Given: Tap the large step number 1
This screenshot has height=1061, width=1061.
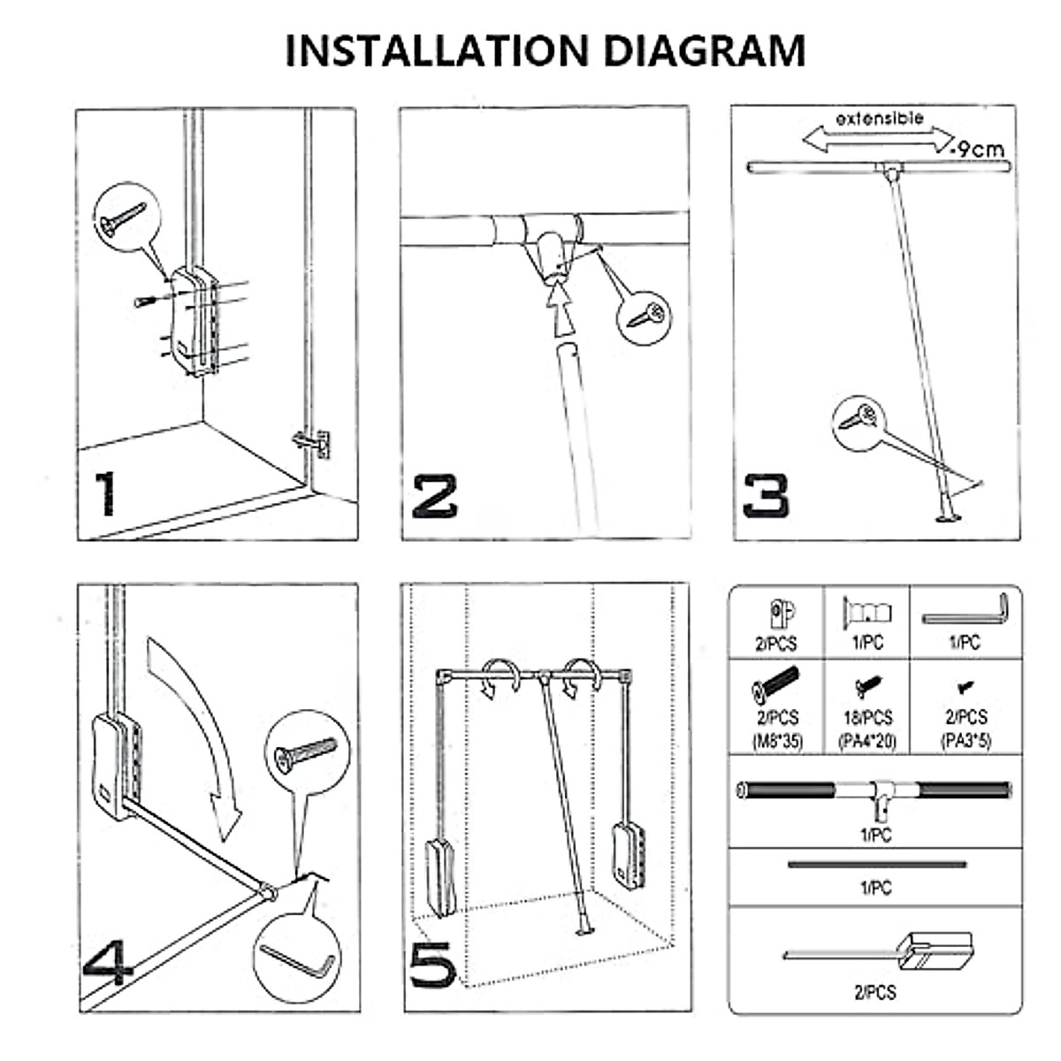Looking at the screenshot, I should point(106,493).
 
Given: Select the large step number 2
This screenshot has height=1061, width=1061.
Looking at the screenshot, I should point(435,497).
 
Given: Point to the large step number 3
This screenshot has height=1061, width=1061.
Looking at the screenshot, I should point(766,497).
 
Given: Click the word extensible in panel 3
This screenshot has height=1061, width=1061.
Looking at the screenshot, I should point(879,118).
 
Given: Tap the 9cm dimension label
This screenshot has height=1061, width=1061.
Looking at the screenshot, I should point(976,149).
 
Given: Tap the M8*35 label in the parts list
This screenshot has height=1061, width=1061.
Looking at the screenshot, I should point(777,741).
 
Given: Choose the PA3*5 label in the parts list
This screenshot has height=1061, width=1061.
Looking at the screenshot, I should point(966,741).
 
